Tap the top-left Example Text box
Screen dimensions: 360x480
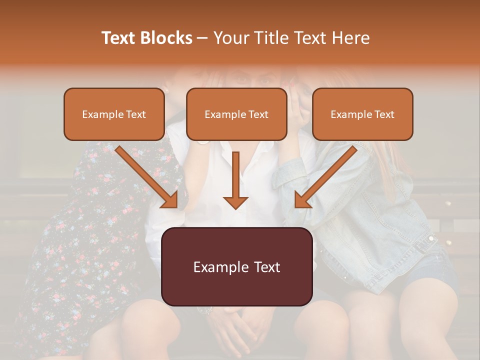(x=114, y=114)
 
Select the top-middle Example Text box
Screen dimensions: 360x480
(x=236, y=114)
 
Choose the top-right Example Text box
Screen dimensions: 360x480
(x=362, y=114)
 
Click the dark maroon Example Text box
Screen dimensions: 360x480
(x=236, y=266)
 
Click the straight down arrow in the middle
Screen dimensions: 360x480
(x=235, y=180)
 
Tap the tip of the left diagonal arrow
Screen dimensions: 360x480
(x=175, y=205)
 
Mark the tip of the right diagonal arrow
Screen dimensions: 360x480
(x=297, y=205)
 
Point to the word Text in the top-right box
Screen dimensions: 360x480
(x=383, y=114)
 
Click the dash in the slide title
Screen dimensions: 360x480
(x=202, y=38)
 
